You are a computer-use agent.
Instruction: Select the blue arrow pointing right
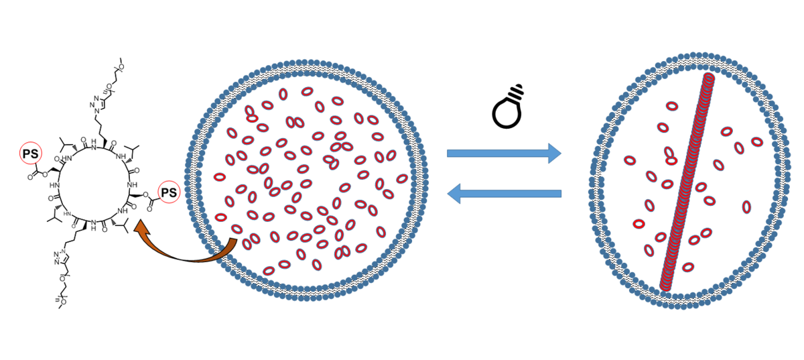(x=503, y=154)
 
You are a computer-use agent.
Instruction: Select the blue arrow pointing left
(x=503, y=194)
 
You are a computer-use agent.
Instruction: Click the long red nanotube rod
(x=687, y=181)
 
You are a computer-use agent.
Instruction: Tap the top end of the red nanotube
(x=710, y=80)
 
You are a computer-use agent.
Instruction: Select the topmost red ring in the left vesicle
(x=308, y=91)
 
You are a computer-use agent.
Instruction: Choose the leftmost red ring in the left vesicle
(x=220, y=177)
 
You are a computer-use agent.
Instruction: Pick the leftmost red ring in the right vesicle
(x=630, y=160)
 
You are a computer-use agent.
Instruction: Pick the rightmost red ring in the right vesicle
(x=757, y=141)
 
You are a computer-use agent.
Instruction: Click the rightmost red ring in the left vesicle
(x=401, y=178)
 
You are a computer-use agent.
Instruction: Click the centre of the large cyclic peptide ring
(x=94, y=188)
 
